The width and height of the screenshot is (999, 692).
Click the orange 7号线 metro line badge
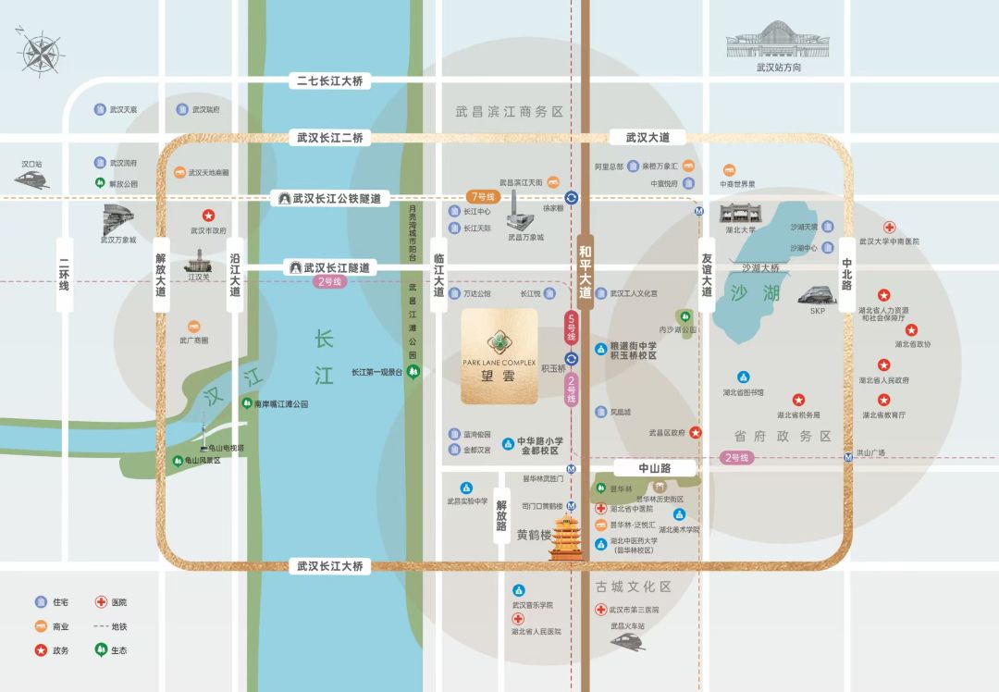(x=483, y=197)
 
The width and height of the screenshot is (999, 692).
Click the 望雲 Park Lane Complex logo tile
(x=499, y=356)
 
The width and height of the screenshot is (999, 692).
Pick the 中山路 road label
(x=654, y=469)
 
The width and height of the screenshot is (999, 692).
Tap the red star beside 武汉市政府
(x=208, y=216)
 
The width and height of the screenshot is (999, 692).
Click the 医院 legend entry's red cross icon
(x=101, y=602)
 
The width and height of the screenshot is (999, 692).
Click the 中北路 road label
(x=846, y=273)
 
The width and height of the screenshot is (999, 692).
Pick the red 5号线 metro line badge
(x=571, y=327)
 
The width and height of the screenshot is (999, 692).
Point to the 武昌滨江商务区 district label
(x=509, y=111)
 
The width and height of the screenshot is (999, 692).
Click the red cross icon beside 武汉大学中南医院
(x=889, y=227)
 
